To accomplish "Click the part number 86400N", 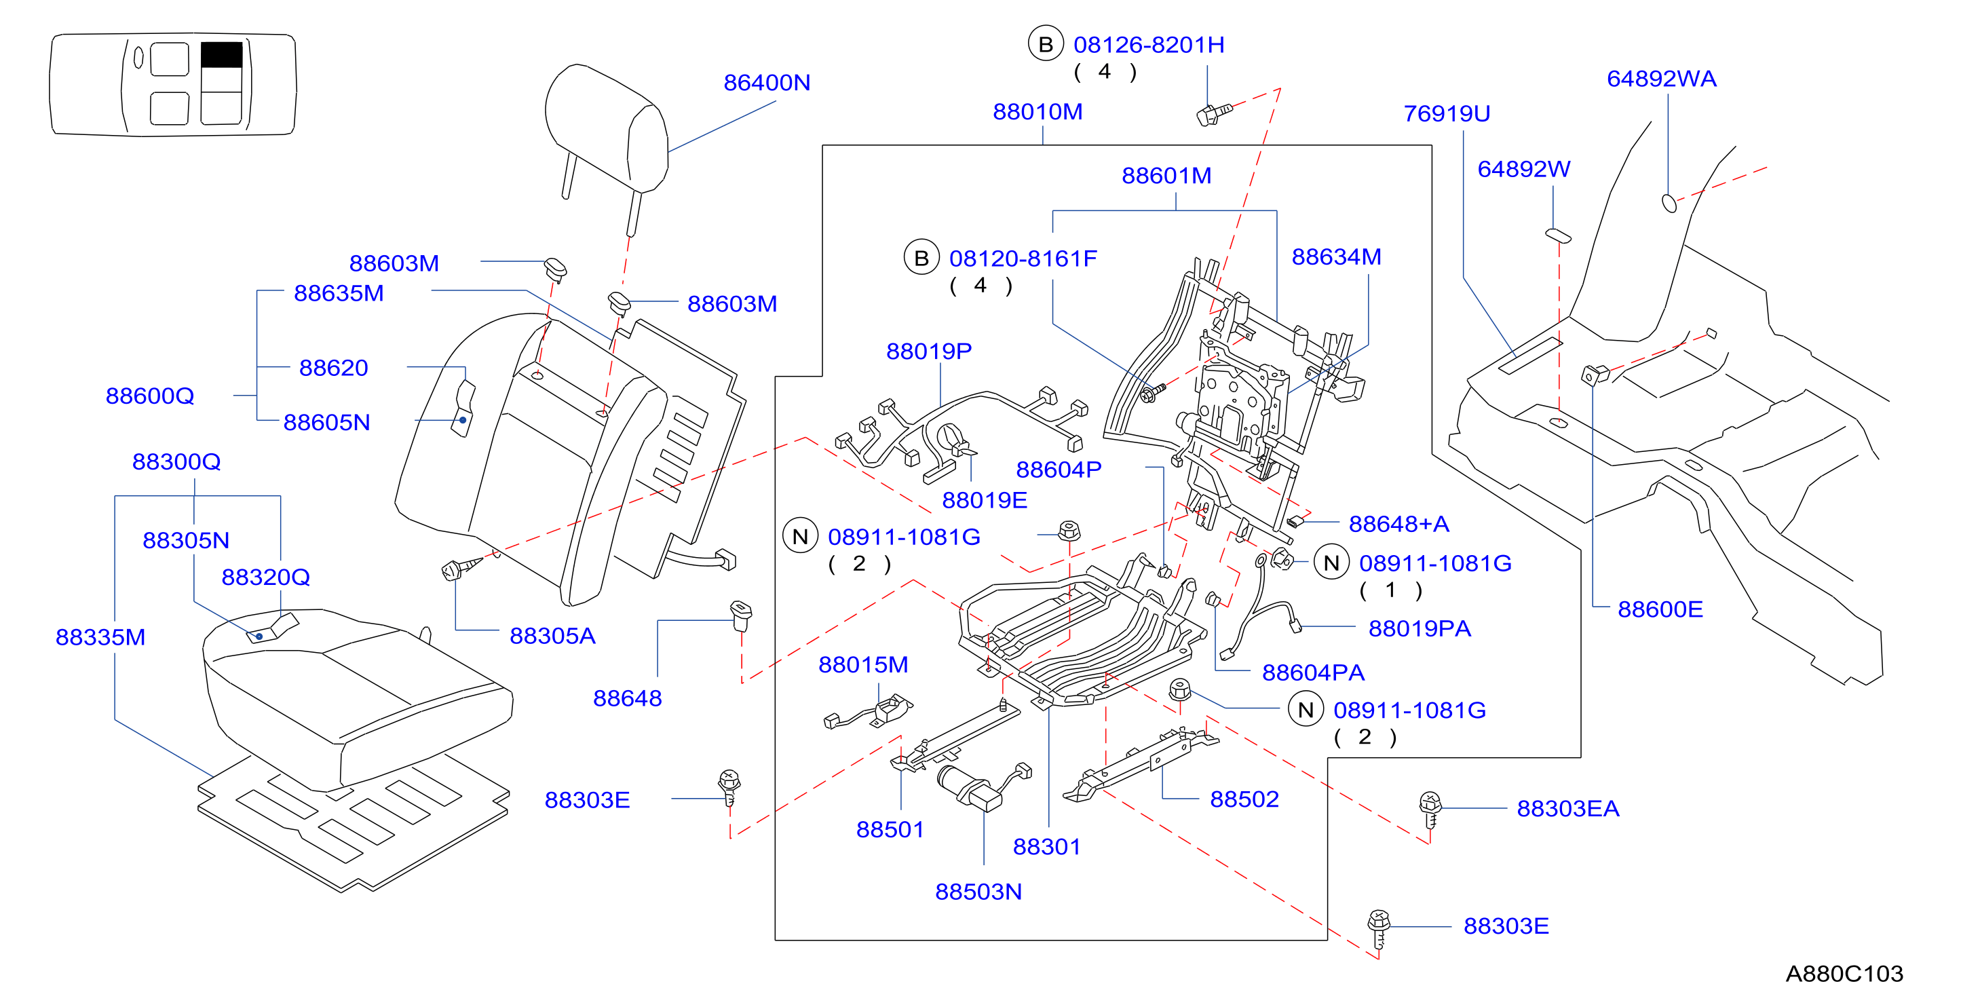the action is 766,82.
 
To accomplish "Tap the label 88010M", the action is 1037,111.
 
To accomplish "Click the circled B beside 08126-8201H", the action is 1046,45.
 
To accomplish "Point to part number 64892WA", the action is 1661,79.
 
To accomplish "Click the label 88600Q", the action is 150,396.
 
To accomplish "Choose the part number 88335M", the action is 100,637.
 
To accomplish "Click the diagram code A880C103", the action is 1844,974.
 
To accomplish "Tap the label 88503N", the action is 978,892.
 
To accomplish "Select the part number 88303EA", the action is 1568,809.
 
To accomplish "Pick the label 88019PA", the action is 1420,629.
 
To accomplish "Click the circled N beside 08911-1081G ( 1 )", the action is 1331,563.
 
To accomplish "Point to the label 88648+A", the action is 1399,525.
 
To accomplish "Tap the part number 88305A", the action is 552,636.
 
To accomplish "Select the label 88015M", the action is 863,665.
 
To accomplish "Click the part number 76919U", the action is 1447,114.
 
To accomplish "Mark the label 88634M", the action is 1336,256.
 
